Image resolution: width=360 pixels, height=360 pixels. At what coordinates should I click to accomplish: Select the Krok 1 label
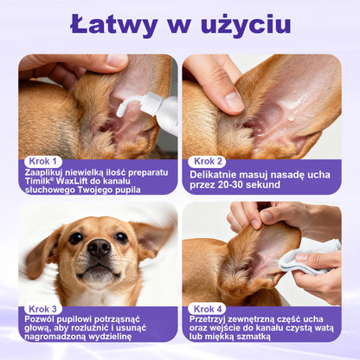coord(44,161)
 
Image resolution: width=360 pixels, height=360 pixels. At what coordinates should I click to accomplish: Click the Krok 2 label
coord(209,161)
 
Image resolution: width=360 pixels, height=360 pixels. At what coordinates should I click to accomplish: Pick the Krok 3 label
coord(44,308)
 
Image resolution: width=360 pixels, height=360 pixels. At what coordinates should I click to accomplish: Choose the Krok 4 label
coord(209,308)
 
